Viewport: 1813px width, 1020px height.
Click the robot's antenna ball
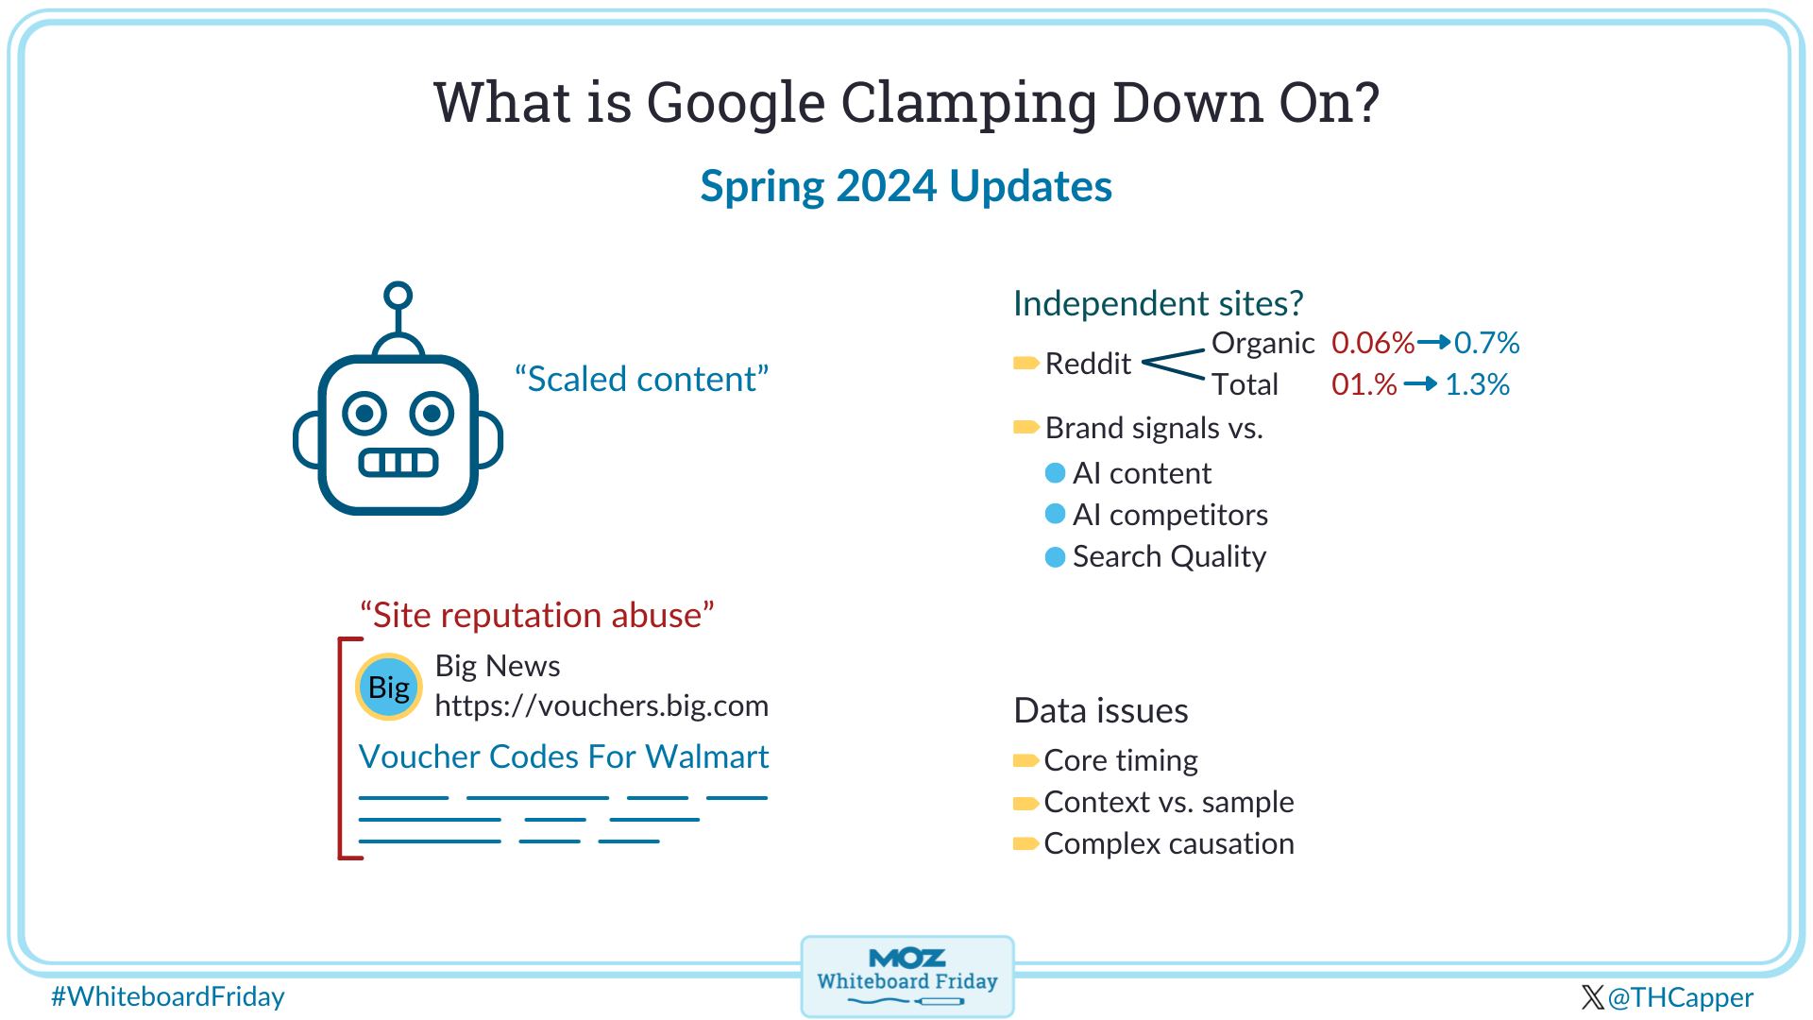point(398,296)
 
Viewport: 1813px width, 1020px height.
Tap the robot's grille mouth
point(398,463)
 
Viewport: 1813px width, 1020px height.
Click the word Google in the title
point(737,103)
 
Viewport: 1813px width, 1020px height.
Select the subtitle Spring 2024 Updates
point(906,187)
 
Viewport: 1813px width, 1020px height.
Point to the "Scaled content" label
point(642,379)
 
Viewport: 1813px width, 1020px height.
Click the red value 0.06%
point(1373,343)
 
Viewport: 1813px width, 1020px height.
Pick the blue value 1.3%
point(1478,384)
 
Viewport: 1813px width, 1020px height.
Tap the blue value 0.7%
point(1487,343)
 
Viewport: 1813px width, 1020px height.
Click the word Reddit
point(1088,364)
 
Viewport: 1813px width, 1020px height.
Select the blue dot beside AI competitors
point(1056,514)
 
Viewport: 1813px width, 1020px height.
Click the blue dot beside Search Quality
point(1056,557)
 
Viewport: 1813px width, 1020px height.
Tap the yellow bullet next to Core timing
point(1025,760)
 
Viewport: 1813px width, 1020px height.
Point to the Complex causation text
point(1169,843)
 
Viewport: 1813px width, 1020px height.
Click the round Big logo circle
point(389,687)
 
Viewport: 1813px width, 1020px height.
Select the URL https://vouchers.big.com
point(602,706)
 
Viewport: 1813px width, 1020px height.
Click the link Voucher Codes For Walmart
point(564,756)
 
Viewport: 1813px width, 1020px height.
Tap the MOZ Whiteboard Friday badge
point(907,977)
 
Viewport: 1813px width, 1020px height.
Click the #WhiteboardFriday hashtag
point(168,997)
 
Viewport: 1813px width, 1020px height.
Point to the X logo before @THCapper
point(1592,997)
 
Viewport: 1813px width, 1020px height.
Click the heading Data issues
point(1101,710)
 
